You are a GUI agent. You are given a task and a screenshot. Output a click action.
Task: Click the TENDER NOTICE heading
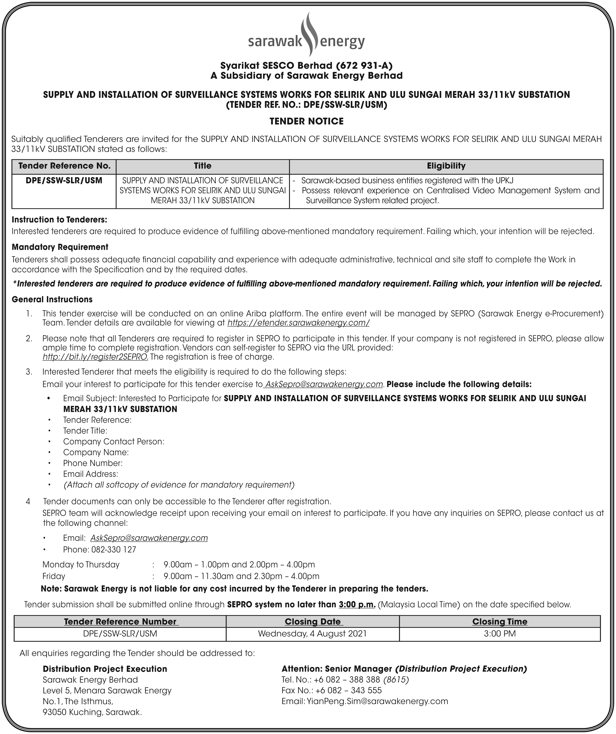pyautogui.click(x=307, y=121)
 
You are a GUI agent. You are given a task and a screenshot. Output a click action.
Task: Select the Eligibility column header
pyautogui.click(x=446, y=166)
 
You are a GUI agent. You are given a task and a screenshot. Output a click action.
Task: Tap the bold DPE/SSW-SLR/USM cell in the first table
pyautogui.click(x=64, y=181)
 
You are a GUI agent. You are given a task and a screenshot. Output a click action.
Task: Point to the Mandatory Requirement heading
pyautogui.click(x=60, y=247)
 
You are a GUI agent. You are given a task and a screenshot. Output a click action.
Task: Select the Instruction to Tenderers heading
pyautogui.click(x=59, y=220)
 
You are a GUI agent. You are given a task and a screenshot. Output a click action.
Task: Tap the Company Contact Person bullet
pyautogui.click(x=113, y=442)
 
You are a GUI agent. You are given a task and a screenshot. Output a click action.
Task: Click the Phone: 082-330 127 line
pyautogui.click(x=100, y=549)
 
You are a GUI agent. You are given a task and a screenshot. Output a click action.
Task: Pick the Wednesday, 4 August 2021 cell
pyautogui.click(x=312, y=633)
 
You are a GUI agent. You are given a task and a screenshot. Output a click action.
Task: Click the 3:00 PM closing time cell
pyautogui.click(x=500, y=633)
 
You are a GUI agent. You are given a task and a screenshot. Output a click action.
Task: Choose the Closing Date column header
pyautogui.click(x=312, y=621)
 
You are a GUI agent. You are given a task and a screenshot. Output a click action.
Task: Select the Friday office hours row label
pyautogui.click(x=54, y=576)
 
